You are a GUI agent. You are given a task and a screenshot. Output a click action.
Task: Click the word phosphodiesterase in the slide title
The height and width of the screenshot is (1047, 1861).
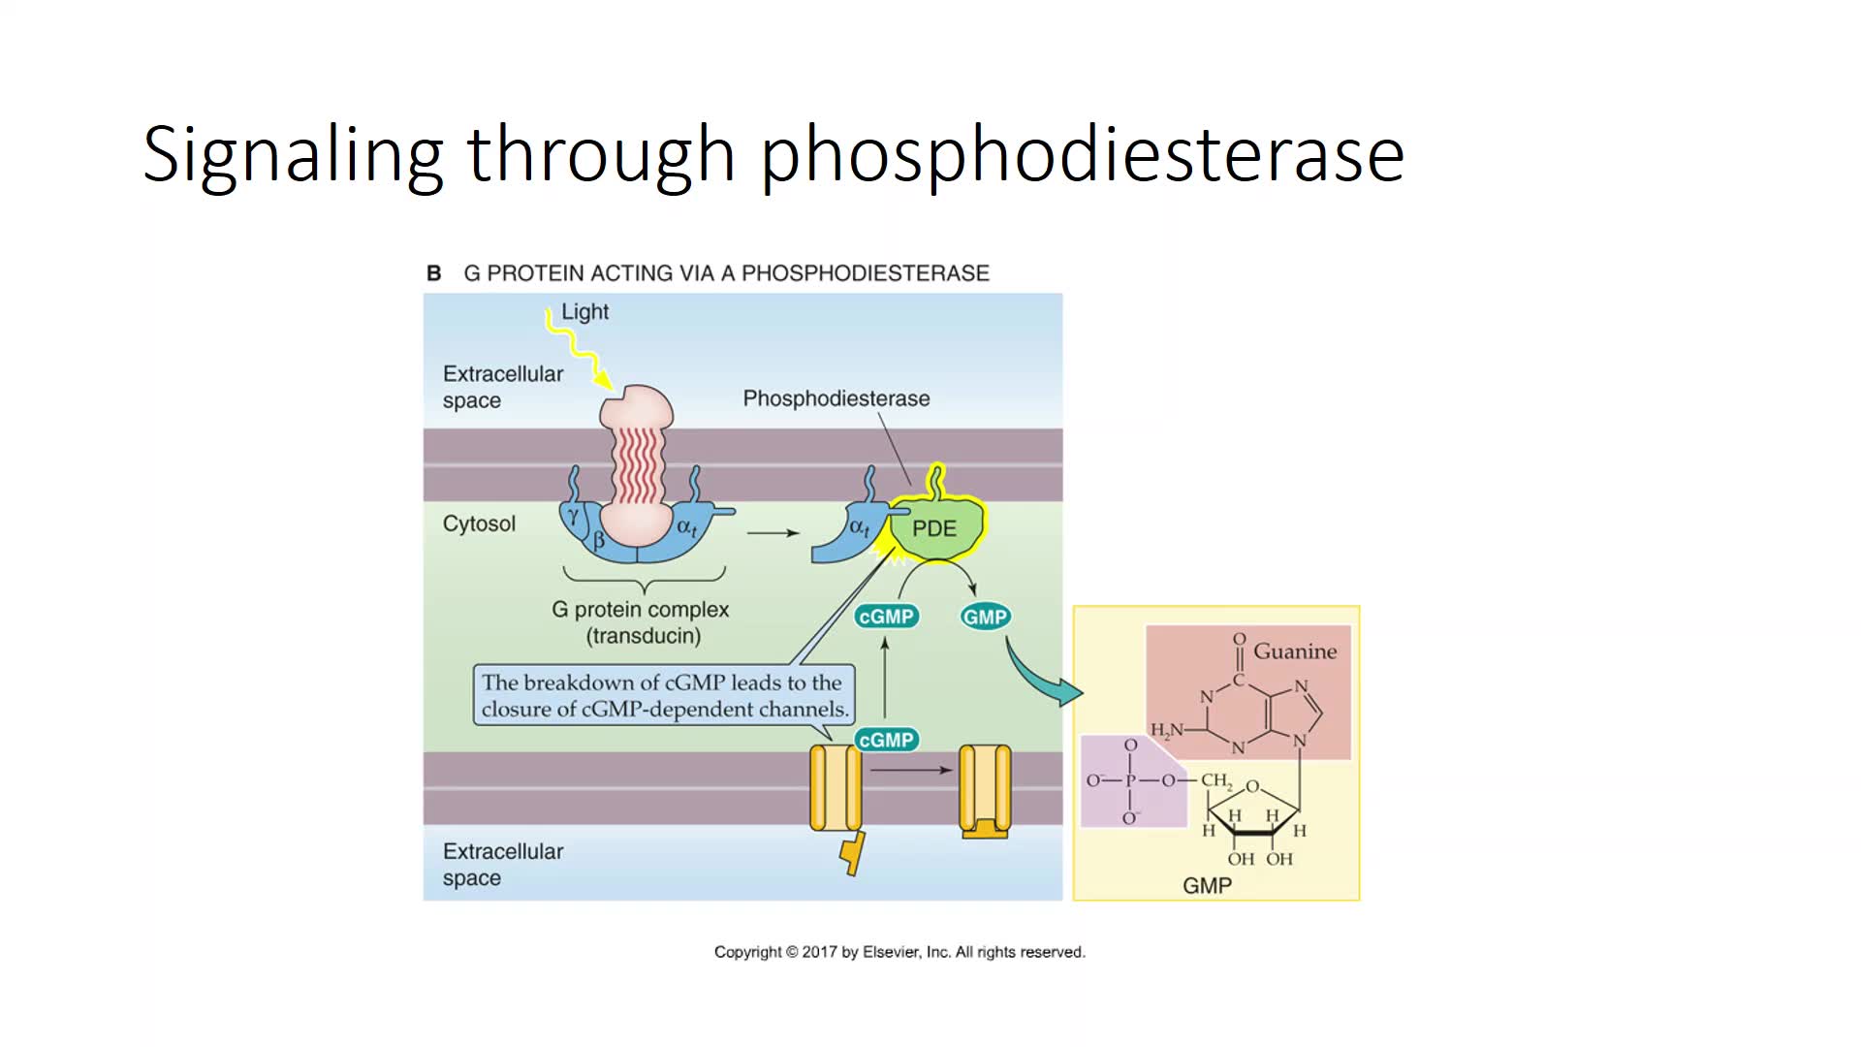1082,155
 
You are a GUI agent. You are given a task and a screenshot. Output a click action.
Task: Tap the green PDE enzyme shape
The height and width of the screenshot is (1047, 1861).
934,528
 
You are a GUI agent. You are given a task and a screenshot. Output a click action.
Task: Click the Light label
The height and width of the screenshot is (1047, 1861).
585,312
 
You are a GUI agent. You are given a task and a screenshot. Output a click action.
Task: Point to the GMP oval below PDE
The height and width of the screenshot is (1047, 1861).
985,617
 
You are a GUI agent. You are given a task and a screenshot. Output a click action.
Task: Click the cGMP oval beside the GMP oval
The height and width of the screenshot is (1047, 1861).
886,617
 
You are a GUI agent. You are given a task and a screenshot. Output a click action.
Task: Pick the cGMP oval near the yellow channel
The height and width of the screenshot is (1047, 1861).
886,740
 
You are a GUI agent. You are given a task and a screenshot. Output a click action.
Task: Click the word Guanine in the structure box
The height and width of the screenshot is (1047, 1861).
1295,651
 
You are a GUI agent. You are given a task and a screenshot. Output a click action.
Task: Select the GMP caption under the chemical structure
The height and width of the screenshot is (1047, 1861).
1207,885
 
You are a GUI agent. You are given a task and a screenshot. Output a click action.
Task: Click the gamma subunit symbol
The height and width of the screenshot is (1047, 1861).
574,516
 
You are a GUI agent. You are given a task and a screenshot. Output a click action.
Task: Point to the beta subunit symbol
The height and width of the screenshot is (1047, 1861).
598,540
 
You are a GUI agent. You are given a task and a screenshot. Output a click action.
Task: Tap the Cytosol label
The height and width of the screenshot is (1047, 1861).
479,523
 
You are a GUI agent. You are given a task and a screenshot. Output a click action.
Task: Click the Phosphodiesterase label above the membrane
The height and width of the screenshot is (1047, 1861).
836,398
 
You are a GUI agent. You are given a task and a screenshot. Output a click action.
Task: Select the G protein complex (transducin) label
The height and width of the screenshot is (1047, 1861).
641,622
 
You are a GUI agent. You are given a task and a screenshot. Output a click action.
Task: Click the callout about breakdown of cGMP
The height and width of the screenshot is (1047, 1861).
664,695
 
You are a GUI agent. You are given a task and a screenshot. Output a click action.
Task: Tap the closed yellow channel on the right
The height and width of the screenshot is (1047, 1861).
985,790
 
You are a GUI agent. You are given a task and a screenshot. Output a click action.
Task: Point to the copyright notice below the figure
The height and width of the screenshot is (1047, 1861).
899,952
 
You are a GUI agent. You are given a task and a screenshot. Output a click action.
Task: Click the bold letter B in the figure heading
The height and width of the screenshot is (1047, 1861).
433,273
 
